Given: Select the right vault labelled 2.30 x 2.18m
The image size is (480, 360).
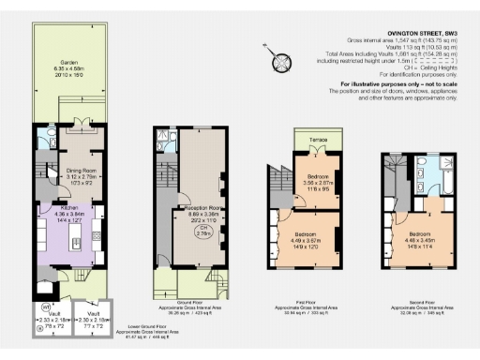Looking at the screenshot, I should pyautogui.click(x=94, y=322).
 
